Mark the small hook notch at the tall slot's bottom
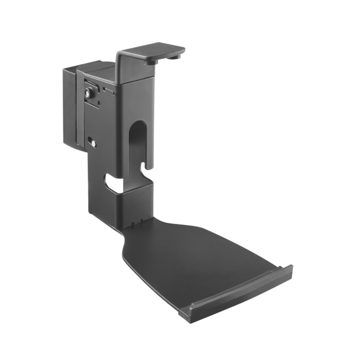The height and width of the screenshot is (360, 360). coord(145,170)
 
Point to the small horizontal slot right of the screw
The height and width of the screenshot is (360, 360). coord(108,90)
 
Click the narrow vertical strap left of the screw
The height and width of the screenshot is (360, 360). coord(80,108)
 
